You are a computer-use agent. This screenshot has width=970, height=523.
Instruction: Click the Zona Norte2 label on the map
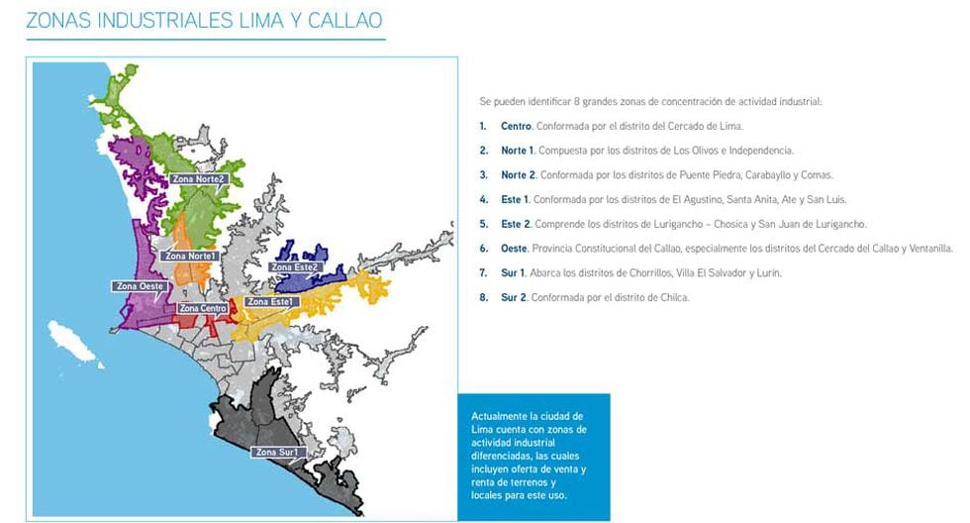point(199,179)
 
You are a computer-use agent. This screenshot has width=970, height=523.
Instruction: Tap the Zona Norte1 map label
point(188,256)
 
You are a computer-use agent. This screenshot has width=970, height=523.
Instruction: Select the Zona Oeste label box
point(139,286)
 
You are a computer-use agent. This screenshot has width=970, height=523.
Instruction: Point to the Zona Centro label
point(202,308)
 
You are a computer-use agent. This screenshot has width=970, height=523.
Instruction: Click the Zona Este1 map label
point(268,301)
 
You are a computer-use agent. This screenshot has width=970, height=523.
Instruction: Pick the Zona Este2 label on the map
point(294,266)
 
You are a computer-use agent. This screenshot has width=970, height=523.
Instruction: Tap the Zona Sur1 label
point(277,452)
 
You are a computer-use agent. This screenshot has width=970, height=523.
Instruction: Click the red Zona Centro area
point(224,319)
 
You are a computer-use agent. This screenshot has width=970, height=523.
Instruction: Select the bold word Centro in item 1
point(516,126)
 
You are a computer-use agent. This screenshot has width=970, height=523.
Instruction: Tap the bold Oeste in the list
point(516,248)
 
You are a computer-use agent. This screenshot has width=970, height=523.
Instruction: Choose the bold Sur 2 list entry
point(514,296)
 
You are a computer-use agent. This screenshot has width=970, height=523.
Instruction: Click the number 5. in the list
point(483,223)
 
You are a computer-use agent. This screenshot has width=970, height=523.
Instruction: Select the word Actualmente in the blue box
point(500,415)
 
